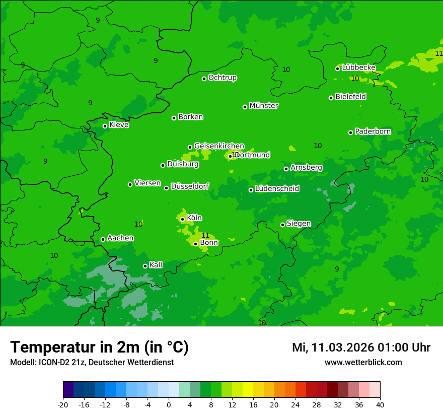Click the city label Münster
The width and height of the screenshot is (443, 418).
(x=264, y=106)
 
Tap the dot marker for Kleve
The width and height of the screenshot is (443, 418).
(x=105, y=126)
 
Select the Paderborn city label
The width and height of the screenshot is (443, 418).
(x=373, y=131)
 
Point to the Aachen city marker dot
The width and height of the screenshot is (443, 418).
(x=103, y=239)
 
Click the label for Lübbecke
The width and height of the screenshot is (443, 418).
(x=358, y=67)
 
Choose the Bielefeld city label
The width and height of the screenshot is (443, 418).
(x=350, y=97)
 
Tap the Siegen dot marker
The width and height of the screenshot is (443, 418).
(x=283, y=225)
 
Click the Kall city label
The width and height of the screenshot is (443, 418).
(x=156, y=265)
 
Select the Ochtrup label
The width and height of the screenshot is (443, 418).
(x=223, y=78)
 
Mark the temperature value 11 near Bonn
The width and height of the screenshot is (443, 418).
(x=205, y=235)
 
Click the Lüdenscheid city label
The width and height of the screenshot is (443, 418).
(x=277, y=189)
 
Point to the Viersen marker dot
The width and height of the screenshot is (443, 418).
(x=130, y=184)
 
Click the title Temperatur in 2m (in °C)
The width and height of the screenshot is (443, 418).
(x=99, y=347)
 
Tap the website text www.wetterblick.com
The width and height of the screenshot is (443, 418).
(x=363, y=362)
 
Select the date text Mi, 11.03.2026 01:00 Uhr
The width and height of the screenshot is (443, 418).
(x=361, y=347)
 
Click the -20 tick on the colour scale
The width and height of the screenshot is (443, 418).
(x=63, y=405)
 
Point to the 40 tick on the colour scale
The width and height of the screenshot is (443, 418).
(x=380, y=405)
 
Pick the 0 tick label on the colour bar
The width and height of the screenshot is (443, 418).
(x=169, y=405)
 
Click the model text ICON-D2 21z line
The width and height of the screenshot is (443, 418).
(x=92, y=362)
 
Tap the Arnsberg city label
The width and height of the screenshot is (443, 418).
(x=306, y=167)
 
